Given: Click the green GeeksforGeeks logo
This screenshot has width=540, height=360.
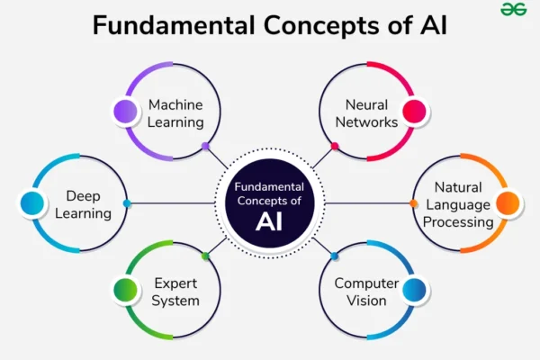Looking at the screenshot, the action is click(514, 9).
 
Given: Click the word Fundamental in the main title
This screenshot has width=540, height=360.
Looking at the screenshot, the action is click(174, 25).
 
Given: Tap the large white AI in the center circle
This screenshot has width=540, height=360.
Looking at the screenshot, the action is click(269, 220).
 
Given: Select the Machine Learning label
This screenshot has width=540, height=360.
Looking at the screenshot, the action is click(175, 113).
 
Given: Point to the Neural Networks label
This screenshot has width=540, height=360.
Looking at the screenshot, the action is click(366, 113).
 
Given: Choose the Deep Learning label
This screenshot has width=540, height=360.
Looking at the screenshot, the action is click(83, 204).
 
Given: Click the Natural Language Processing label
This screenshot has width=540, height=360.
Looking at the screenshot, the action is click(458, 204).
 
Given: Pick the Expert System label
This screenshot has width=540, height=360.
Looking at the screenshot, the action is click(175, 292).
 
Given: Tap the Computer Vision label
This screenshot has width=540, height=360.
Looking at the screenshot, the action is click(366, 292).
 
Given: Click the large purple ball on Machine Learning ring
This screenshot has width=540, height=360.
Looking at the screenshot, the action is click(125, 112).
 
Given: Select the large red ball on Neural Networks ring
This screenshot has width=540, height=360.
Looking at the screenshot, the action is click(414, 112).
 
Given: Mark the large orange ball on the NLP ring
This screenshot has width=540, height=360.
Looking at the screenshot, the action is click(508, 203).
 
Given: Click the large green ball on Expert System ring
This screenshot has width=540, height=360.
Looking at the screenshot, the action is click(125, 290).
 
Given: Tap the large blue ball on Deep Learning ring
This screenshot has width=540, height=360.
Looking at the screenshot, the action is click(32, 203).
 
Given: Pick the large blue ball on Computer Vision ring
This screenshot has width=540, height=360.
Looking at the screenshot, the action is click(414, 290).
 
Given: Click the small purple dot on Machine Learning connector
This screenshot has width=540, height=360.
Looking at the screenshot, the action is click(205, 146).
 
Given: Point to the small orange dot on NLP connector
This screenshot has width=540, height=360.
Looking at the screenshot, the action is click(414, 203).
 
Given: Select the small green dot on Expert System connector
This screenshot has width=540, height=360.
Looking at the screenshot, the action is click(205, 256).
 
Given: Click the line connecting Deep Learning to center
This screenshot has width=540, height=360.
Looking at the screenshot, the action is click(172, 203).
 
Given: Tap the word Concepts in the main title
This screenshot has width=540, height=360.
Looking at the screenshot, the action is click(321, 26).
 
